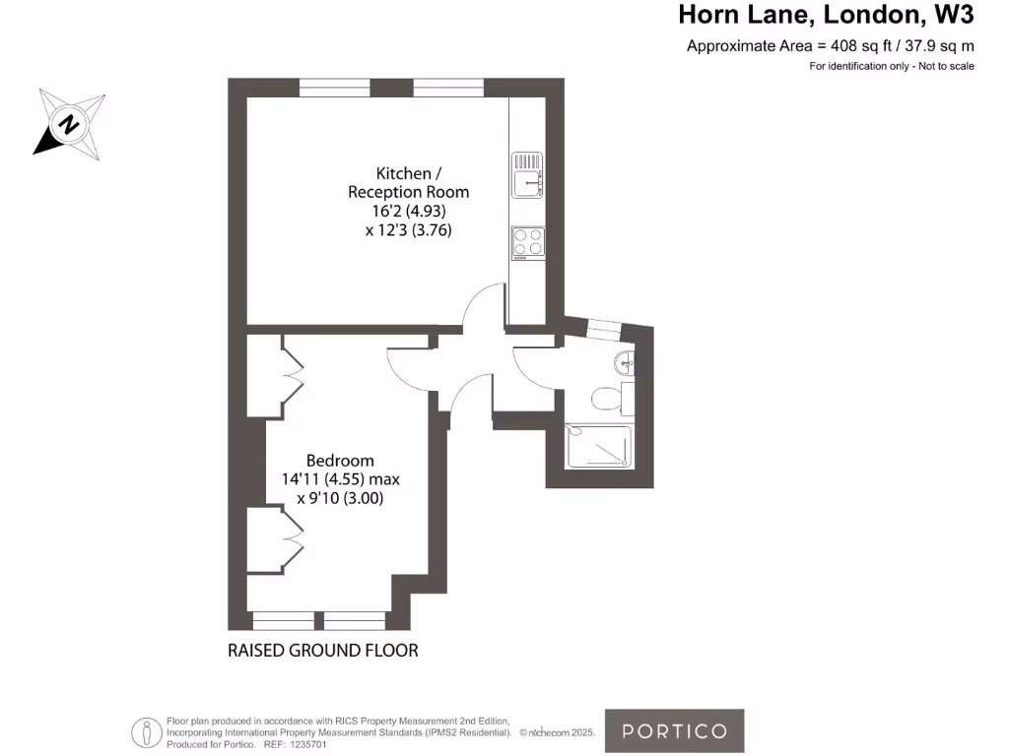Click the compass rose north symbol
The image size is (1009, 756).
coord(69,124)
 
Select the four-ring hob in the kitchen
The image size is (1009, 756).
coord(527,242)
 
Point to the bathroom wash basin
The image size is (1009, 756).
coord(624,364)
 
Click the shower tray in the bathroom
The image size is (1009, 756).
coord(597,445)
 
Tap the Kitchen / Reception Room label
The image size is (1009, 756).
coord(409,183)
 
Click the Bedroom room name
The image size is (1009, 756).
coord(340,460)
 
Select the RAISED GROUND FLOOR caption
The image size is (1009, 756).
coord(323,651)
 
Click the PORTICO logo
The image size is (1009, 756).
coord(674,730)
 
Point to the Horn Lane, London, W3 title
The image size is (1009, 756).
coord(826,16)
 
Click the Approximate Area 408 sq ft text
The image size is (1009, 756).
coord(830,46)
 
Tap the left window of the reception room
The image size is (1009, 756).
coord(334,89)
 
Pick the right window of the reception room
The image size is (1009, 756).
coord(448,89)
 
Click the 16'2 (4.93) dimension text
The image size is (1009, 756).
coord(409,211)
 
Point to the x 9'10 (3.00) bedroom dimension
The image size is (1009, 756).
coord(340,499)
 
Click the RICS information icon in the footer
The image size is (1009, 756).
coord(147,732)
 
